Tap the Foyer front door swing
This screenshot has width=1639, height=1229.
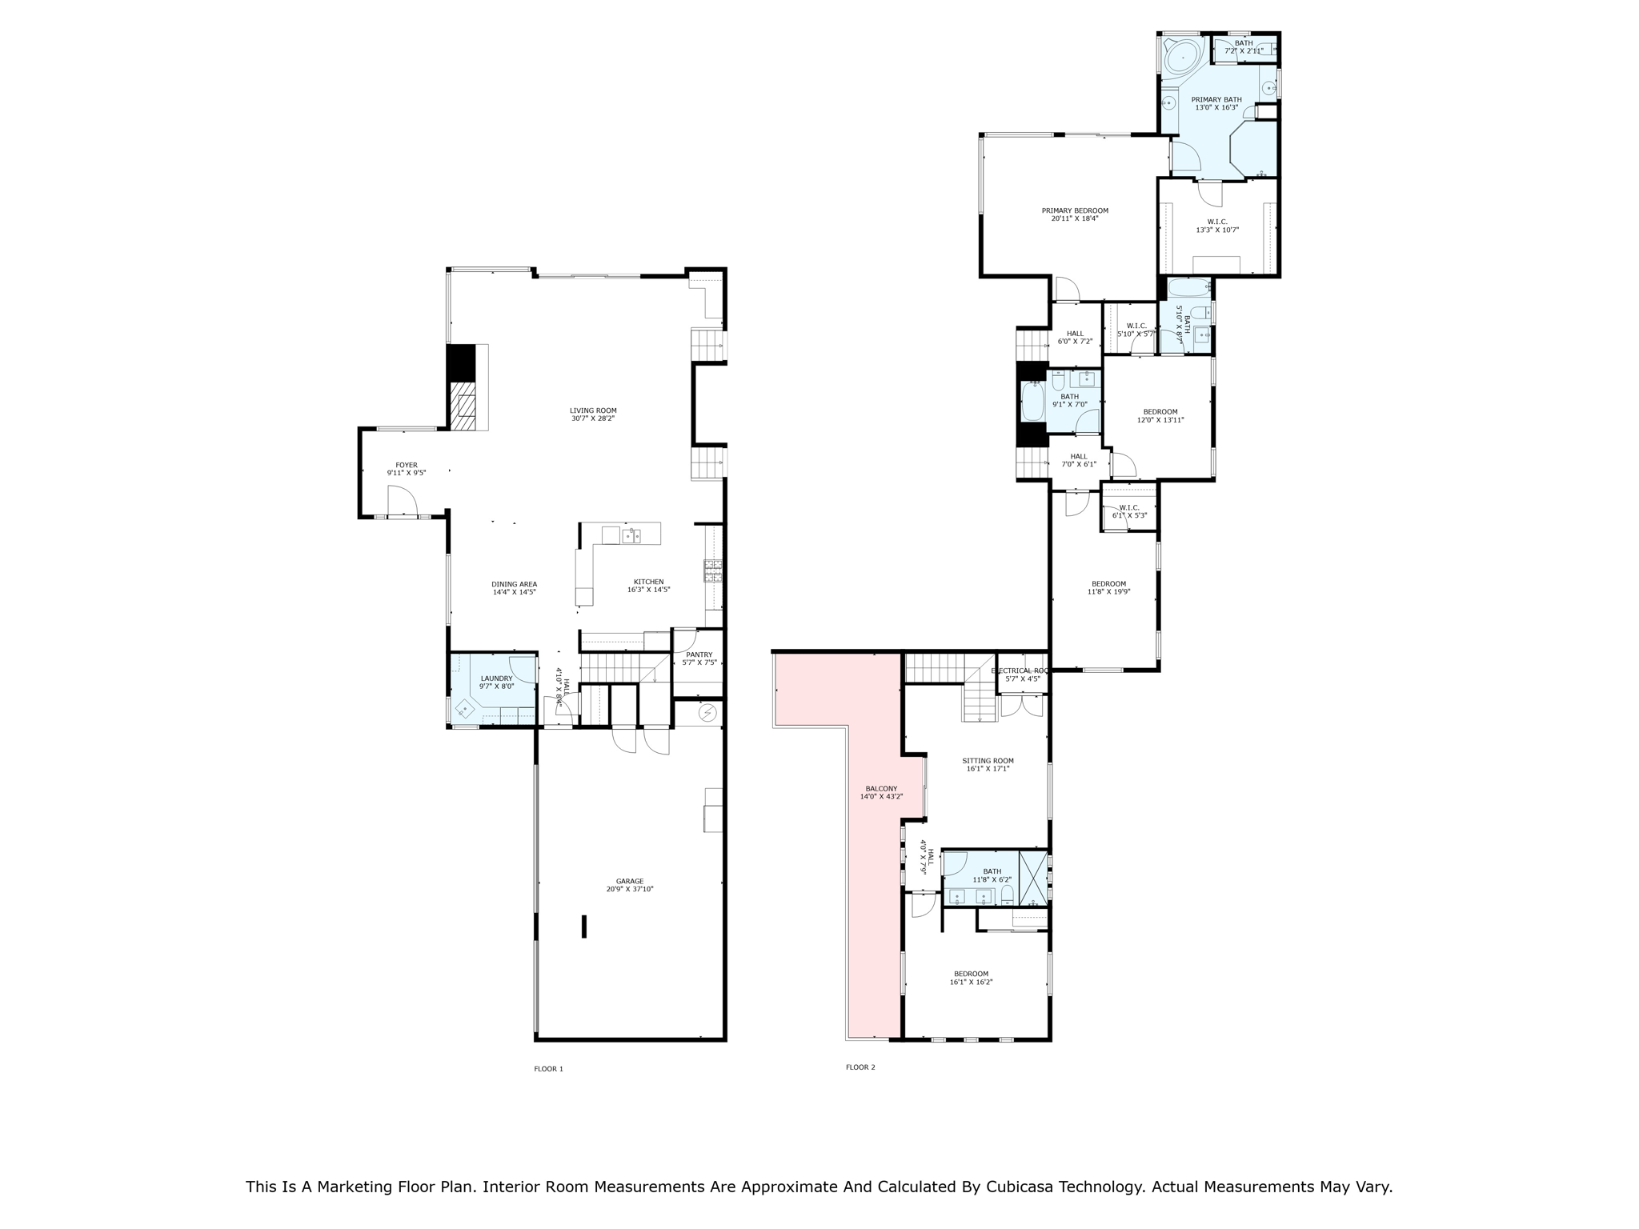click(404, 502)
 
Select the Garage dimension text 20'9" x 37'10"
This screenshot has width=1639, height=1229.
click(630, 889)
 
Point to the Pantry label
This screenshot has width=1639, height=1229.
click(699, 655)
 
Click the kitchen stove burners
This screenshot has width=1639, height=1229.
click(713, 570)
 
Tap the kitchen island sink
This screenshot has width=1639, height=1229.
click(631, 536)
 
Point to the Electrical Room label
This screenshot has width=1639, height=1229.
click(1020, 671)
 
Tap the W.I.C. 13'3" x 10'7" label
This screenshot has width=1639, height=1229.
click(1217, 226)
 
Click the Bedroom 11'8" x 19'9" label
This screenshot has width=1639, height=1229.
click(1108, 587)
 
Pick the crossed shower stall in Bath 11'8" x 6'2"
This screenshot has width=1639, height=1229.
click(1033, 878)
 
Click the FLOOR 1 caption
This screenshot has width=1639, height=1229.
click(549, 1069)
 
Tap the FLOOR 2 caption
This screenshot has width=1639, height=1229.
click(860, 1067)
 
